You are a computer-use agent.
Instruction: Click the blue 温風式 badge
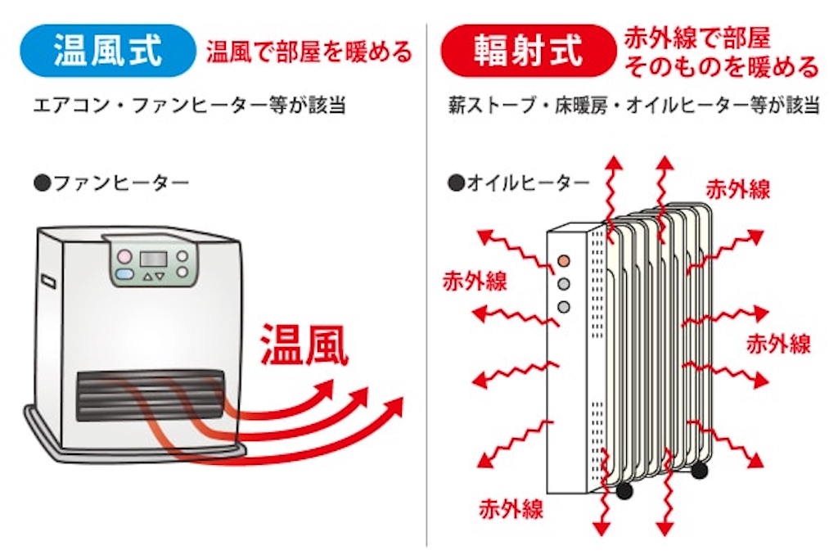click(x=108, y=51)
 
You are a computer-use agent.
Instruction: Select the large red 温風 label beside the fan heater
click(x=304, y=345)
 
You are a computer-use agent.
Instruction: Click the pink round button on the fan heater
click(x=124, y=256)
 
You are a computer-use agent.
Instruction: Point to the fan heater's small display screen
click(x=153, y=259)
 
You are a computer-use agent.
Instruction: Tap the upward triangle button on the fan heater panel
click(x=147, y=277)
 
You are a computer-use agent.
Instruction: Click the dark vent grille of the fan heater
click(x=151, y=395)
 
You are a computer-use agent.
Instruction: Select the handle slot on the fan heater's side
click(x=48, y=281)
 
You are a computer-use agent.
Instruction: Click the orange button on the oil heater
click(x=563, y=261)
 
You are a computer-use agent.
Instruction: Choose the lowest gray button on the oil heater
click(x=563, y=307)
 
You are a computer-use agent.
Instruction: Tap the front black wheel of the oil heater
click(x=623, y=490)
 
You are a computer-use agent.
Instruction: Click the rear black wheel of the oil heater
click(x=699, y=470)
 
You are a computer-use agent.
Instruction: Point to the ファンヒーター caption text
click(x=111, y=183)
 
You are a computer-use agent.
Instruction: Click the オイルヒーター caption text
click(x=519, y=183)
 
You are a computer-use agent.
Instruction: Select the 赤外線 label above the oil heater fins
click(x=737, y=190)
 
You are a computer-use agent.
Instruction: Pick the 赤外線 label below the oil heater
click(x=511, y=509)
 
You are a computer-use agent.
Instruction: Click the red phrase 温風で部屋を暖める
click(x=309, y=52)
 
